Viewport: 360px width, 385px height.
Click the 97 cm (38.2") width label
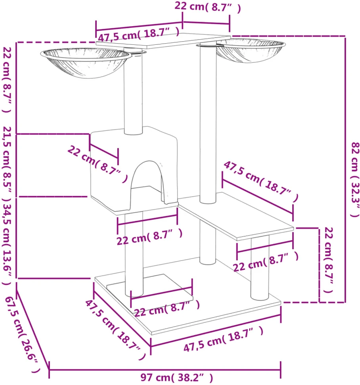[176, 377]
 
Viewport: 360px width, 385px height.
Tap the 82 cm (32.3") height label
[355, 179]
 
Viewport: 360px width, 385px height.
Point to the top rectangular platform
[163, 40]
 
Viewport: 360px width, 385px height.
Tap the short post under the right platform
[260, 268]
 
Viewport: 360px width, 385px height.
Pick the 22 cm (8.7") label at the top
[207, 7]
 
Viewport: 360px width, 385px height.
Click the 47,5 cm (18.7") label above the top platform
[139, 34]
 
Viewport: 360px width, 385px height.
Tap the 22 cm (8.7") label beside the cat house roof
[98, 163]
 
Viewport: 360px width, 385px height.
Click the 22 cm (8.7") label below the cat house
[149, 236]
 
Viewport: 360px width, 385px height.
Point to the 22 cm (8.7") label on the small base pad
[167, 308]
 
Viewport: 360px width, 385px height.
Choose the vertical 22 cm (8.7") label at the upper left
[7, 79]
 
